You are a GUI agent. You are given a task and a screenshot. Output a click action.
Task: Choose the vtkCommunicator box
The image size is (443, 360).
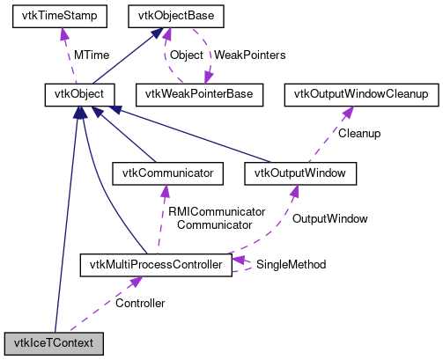(164, 173)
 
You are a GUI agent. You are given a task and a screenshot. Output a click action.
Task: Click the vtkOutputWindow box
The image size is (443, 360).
(300, 173)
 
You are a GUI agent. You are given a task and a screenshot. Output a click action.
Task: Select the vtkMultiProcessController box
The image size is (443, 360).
(155, 263)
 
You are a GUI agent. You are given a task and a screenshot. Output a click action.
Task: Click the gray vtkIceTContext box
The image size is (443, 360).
(55, 342)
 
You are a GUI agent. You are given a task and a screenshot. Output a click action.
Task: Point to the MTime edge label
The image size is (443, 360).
(90, 55)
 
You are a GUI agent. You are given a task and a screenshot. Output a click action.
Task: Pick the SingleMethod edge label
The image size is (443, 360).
(291, 264)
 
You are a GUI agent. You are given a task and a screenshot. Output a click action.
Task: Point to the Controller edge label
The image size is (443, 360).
(140, 303)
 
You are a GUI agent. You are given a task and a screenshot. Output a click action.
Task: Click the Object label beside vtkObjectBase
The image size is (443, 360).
(186, 55)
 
